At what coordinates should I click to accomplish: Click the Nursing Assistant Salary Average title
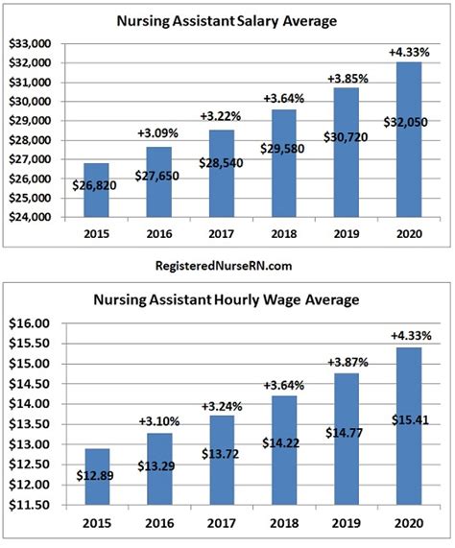(228, 19)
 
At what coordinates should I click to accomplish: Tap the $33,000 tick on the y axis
(30, 43)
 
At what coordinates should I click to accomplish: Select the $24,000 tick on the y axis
(30, 217)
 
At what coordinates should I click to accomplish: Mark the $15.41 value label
(409, 419)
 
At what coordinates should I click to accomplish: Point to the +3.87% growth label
(347, 364)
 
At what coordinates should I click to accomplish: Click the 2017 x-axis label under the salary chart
(220, 233)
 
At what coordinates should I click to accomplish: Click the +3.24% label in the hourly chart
(221, 405)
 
